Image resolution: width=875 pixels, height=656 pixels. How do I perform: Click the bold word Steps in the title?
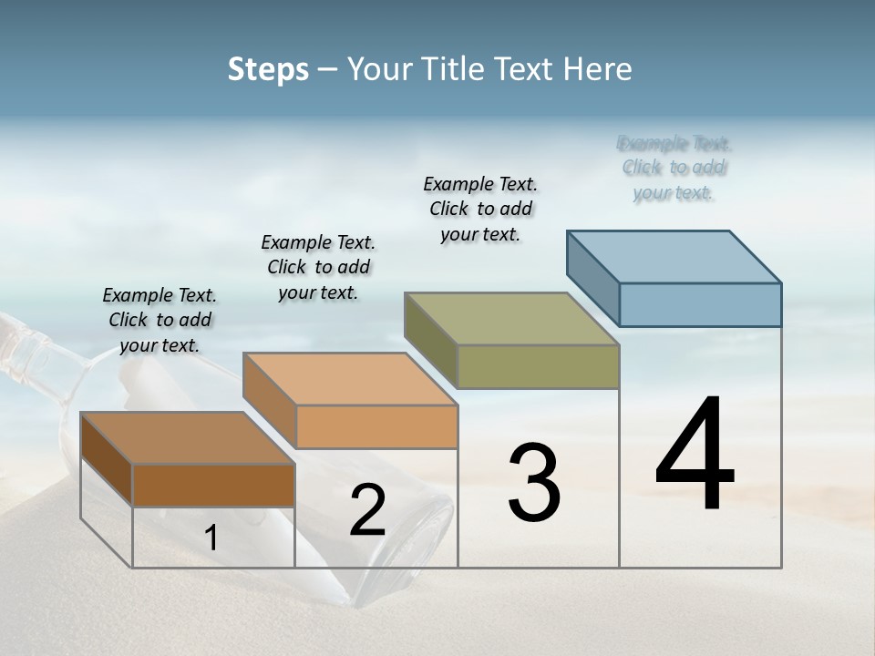(268, 69)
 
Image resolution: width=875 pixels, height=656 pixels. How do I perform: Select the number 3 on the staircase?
(533, 483)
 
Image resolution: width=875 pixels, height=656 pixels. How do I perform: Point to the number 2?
(367, 510)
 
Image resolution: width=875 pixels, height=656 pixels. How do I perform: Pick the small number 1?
(211, 538)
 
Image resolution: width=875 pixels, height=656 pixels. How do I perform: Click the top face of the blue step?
(674, 256)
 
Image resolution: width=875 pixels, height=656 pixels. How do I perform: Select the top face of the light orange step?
(350, 379)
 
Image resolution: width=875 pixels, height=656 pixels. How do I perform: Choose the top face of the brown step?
(188, 438)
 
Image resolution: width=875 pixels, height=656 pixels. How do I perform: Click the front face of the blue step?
(700, 304)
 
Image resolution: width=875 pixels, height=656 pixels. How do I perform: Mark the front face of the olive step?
(538, 366)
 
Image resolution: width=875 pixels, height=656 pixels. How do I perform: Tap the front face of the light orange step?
(376, 426)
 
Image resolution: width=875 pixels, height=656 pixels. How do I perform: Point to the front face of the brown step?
(213, 485)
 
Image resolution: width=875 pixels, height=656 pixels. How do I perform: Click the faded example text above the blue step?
(674, 168)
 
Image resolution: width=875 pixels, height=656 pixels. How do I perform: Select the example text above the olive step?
(480, 209)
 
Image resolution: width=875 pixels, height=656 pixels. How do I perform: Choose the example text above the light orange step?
(318, 267)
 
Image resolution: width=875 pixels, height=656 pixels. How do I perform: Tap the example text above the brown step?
(160, 320)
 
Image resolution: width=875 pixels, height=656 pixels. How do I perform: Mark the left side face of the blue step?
(592, 279)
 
